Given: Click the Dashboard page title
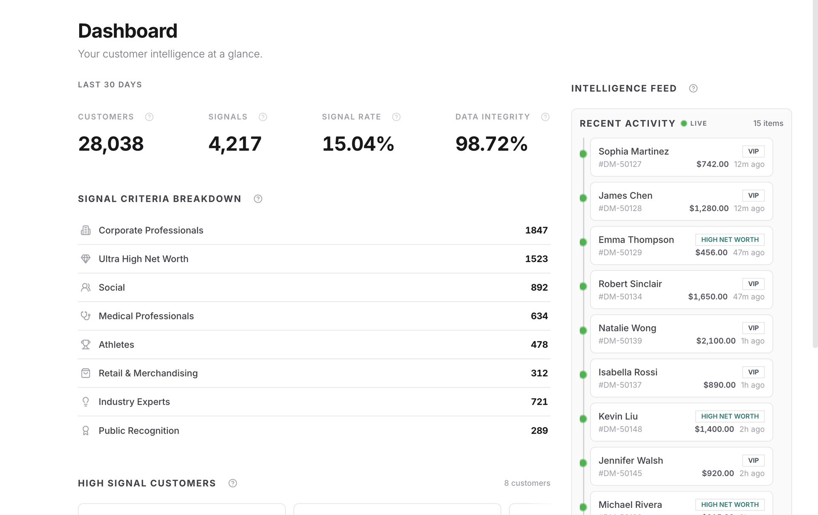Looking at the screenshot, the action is [127, 31].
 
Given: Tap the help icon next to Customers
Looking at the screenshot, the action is [149, 117].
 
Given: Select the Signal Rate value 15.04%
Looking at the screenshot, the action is [358, 144].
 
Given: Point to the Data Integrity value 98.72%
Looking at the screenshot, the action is [492, 144].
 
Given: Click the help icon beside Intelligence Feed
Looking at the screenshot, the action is [693, 88].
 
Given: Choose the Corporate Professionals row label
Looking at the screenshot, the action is [151, 230].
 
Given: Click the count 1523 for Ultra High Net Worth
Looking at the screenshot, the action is [536, 259].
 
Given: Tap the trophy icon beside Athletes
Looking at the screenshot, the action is [86, 344].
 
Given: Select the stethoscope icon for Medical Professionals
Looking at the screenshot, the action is [86, 316].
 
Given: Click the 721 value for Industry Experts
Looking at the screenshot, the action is [539, 402].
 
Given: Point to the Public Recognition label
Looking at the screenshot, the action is [139, 431].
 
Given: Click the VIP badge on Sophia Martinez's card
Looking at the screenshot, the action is [753, 151].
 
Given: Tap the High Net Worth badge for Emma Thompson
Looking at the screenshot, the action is [730, 240].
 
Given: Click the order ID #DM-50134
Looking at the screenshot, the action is [620, 297].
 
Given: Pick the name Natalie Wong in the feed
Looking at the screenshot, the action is [627, 328].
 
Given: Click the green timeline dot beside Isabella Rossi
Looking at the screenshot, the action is [583, 375].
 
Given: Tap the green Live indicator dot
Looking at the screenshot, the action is [684, 123].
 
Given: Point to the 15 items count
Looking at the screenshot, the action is [768, 123].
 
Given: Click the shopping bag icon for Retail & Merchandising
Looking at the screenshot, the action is [86, 373].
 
